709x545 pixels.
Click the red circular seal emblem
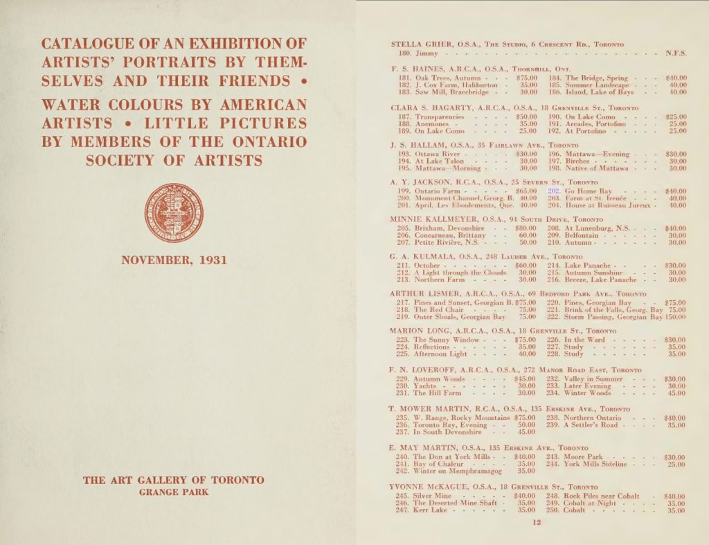click(174, 213)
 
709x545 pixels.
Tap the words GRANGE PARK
click(173, 492)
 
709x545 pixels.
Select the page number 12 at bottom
click(537, 523)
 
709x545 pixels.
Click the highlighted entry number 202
click(553, 191)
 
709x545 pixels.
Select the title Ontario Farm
click(437, 191)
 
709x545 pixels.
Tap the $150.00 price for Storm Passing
click(675, 317)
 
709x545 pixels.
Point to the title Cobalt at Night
click(591, 503)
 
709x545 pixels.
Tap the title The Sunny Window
click(446, 340)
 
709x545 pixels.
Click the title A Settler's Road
click(591, 425)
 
